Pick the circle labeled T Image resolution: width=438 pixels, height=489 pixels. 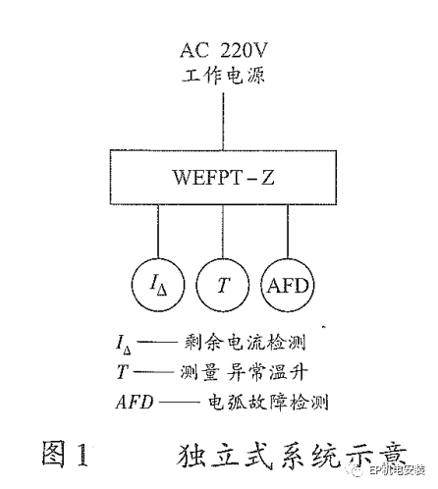tap(223, 287)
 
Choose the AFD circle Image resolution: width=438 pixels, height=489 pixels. tap(288, 287)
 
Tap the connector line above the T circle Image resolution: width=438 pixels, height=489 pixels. tap(223, 237)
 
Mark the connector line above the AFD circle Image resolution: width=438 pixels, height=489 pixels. tap(288, 237)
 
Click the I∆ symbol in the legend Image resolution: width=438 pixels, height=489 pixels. tap(123, 345)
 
